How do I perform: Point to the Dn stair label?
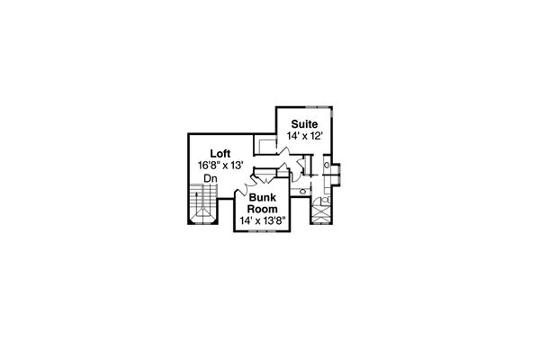[x=211, y=178]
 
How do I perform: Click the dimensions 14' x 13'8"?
[x=261, y=220]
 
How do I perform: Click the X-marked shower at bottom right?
[x=322, y=214]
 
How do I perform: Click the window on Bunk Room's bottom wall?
[x=262, y=232]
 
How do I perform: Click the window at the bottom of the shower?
[x=322, y=225]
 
